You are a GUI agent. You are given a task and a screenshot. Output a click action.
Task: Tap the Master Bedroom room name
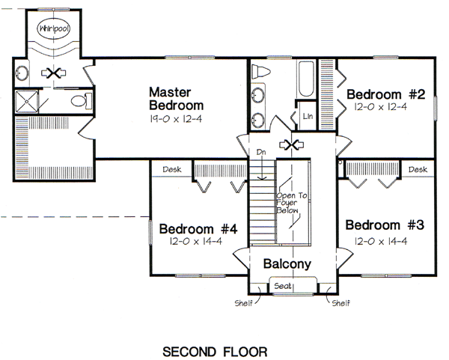point(176,98)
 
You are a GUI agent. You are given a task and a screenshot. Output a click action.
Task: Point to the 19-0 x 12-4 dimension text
point(176,118)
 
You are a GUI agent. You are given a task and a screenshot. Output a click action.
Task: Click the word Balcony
point(287,264)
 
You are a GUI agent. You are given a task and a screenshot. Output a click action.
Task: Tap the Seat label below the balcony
point(283,287)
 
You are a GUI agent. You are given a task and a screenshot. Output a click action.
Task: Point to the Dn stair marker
point(261,152)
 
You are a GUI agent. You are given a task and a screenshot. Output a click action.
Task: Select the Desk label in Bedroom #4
point(172,170)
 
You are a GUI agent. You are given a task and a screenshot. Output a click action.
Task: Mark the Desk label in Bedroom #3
point(418,170)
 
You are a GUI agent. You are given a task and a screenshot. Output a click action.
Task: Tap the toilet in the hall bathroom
point(261,72)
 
